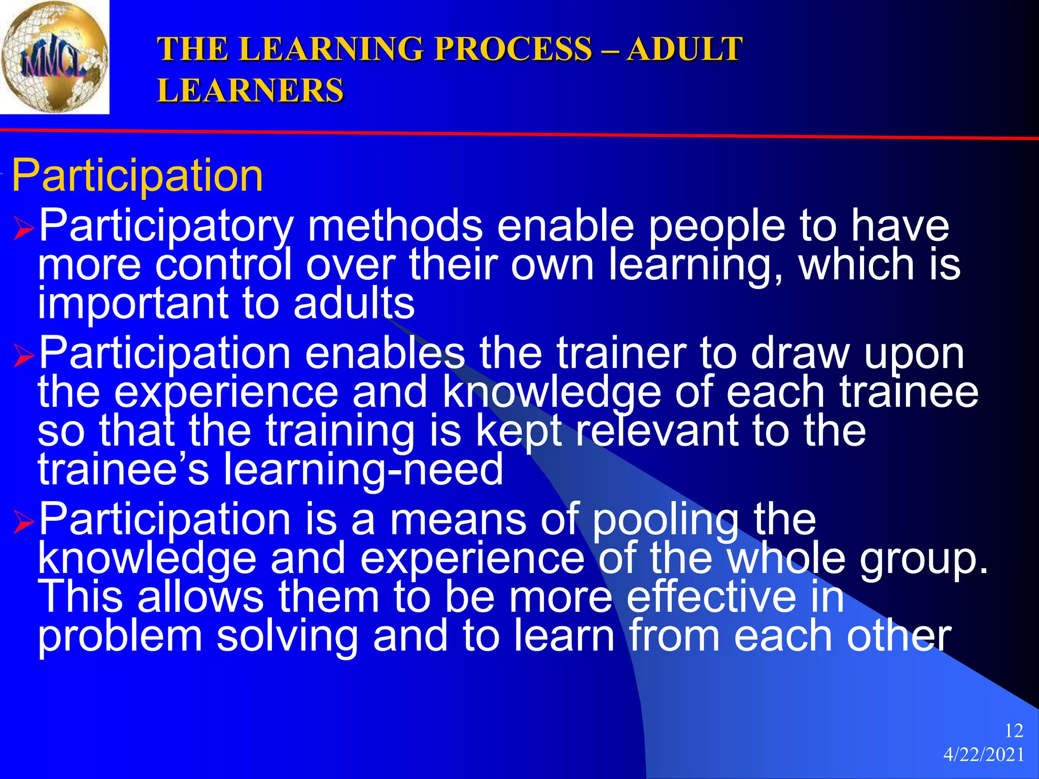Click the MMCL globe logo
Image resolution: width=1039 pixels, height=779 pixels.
point(54,57)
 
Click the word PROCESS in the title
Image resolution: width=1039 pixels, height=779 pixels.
point(513,49)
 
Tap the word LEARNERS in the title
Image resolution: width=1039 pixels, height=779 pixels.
point(250,91)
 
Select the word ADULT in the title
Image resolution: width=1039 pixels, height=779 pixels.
point(684,49)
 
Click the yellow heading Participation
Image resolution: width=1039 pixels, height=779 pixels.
point(137,175)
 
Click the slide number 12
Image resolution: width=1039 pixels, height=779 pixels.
point(1014,731)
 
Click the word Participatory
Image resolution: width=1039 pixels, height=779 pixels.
point(166,227)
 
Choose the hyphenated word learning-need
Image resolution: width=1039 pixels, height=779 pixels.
point(363,470)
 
